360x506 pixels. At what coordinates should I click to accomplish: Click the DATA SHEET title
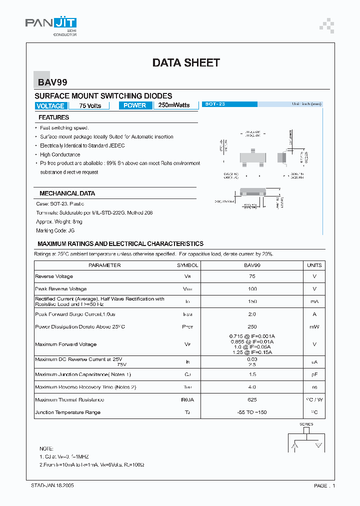point(186,62)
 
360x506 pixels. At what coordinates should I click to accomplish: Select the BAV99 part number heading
point(51,83)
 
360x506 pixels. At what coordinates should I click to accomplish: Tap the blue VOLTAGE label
point(50,105)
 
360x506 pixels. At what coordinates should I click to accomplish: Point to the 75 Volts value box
point(90,105)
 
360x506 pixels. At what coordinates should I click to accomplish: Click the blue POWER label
point(134,105)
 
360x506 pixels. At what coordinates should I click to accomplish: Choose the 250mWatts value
point(173,105)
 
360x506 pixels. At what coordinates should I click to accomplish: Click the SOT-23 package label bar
point(229,104)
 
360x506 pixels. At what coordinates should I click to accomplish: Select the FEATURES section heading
point(53,117)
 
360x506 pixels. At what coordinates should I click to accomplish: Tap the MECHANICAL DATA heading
point(67,193)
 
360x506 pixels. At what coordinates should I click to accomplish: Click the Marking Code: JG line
point(55,230)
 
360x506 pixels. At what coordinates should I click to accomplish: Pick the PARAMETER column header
point(104,265)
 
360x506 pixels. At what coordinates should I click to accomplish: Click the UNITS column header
point(314,265)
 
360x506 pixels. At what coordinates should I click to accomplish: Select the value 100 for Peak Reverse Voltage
point(252,289)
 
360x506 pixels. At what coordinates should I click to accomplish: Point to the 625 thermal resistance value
point(252,399)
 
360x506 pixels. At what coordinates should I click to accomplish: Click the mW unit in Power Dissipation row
point(314,327)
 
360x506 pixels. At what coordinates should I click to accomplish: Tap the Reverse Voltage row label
point(54,276)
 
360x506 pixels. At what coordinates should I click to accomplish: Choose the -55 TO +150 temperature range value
point(252,412)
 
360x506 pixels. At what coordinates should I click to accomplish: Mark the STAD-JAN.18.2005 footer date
point(52,485)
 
